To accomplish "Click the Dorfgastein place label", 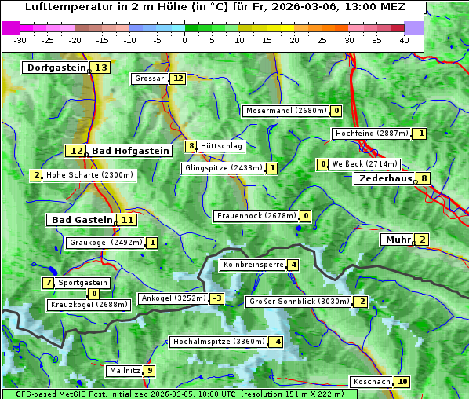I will click(56, 68).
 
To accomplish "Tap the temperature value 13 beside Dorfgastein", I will click(101, 68).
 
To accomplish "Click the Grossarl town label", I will click(151, 79).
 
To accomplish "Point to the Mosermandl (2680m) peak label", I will click(285, 111).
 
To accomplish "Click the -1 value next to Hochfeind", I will click(420, 134).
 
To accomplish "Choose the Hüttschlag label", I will click(222, 146).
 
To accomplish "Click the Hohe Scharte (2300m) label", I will click(90, 175).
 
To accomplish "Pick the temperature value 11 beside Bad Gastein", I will click(127, 220).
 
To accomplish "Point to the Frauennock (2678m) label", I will click(256, 216).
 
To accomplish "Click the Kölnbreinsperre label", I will click(253, 265).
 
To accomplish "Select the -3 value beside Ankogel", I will click(216, 298).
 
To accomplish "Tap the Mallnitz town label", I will click(125, 371).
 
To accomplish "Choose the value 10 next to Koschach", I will click(402, 382).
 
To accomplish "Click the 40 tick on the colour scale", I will click(404, 40).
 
